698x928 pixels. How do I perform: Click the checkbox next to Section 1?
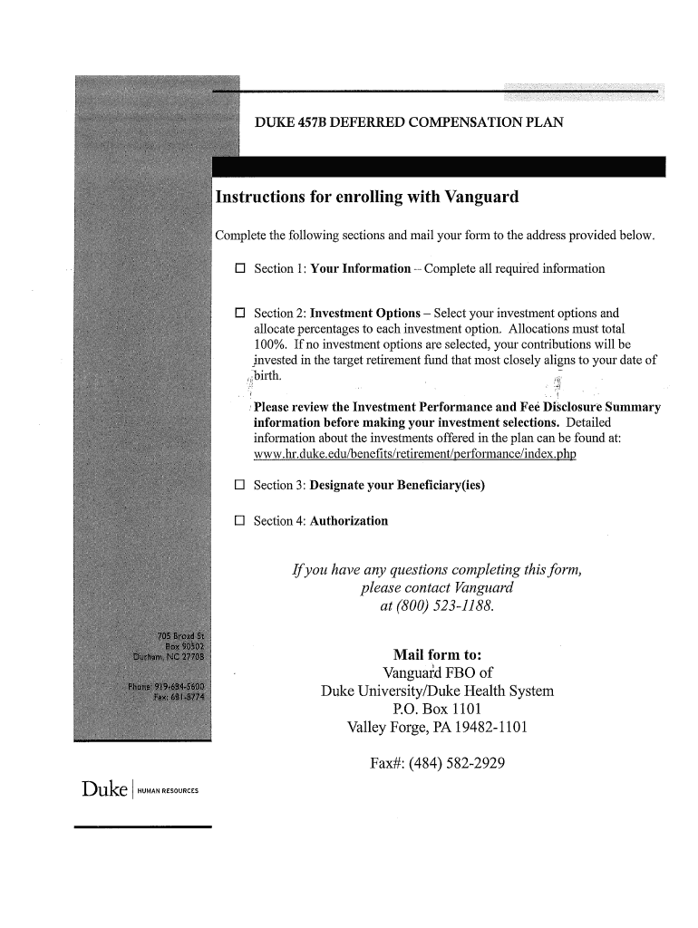[240, 269]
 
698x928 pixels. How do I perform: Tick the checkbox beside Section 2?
[240, 314]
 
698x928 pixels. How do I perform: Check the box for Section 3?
[240, 486]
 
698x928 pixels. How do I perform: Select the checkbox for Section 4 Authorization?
[240, 521]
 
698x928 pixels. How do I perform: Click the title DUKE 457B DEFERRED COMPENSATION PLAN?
[409, 121]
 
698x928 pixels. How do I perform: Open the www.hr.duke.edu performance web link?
[414, 455]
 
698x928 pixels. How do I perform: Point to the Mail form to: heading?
[437, 654]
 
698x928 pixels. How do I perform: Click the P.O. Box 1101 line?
[437, 709]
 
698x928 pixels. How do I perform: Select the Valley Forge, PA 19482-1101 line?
[438, 728]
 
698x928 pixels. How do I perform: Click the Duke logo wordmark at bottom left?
[103, 789]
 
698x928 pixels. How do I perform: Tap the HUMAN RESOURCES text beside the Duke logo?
[168, 791]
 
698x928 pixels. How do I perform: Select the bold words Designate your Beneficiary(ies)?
[397, 486]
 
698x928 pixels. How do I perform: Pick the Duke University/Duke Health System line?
[437, 691]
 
